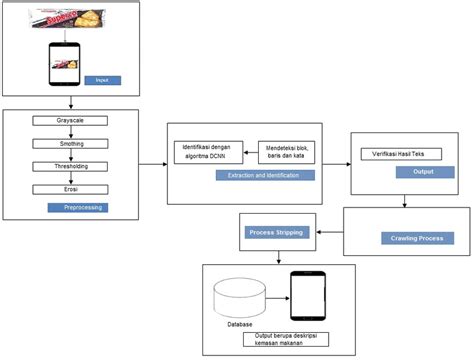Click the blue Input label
tap(101, 80)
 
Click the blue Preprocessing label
tap(77, 208)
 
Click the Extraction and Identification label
tap(263, 175)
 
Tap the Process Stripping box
tap(276, 231)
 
